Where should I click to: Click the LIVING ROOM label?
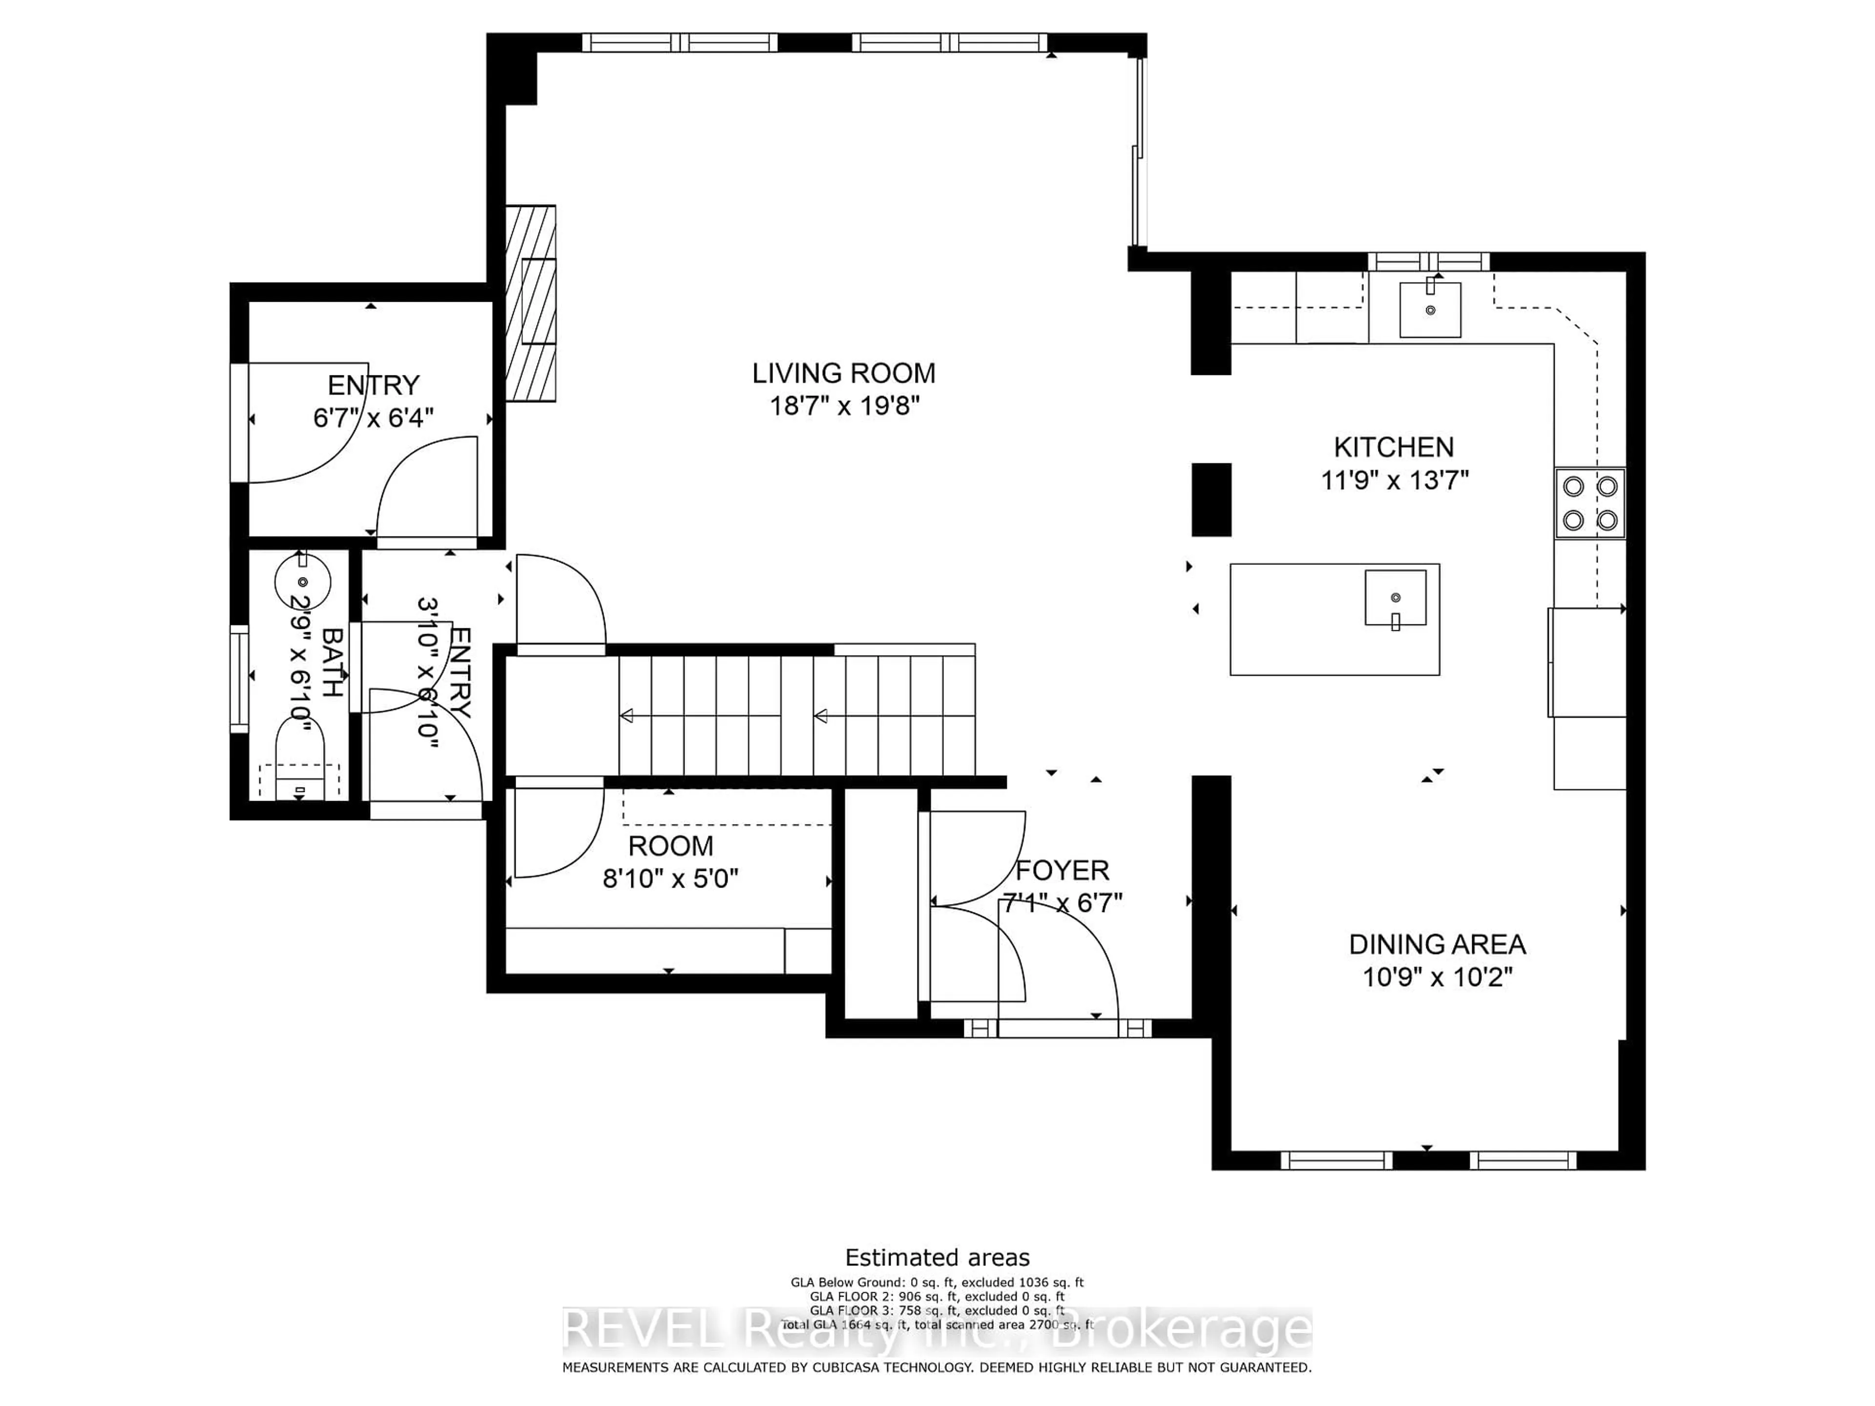coord(843,373)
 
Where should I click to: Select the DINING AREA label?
coord(1437,944)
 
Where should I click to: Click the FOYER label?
coord(1062,870)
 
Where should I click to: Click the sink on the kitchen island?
coord(1395,598)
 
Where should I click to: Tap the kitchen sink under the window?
coord(1430,310)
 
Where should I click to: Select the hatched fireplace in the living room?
coord(531,303)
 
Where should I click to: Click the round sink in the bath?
coord(303,581)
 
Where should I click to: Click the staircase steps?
coord(797,716)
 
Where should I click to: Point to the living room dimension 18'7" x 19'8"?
coord(843,406)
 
